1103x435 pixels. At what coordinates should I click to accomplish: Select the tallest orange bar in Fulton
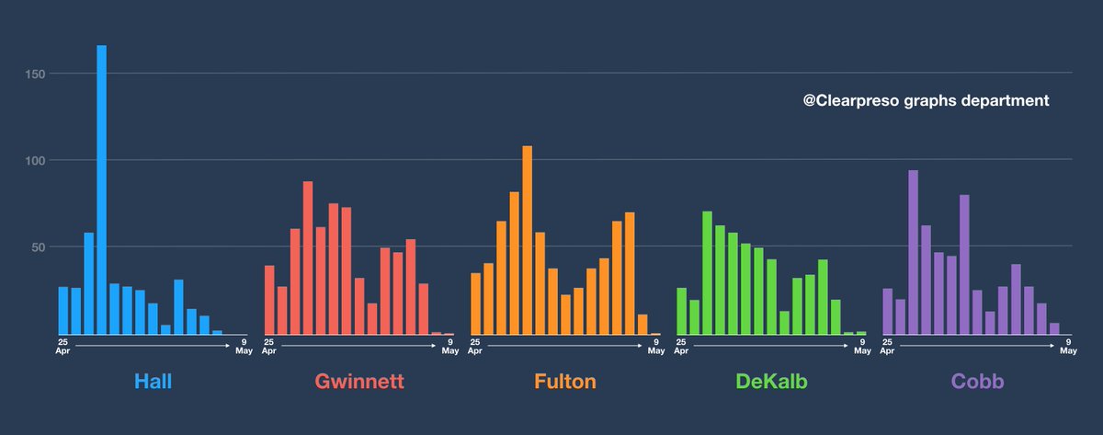528,239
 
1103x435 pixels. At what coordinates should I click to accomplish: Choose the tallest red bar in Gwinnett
308,258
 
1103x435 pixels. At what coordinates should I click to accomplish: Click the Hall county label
153,382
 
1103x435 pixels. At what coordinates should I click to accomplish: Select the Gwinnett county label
359,382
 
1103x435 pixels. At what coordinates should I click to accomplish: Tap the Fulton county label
565,382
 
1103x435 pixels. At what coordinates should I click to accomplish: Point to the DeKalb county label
771,382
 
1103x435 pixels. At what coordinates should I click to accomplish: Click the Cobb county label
977,382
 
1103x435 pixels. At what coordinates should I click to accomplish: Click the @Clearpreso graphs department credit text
926,101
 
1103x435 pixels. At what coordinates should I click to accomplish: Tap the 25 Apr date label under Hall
63,346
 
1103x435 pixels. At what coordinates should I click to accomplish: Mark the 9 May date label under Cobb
1067,346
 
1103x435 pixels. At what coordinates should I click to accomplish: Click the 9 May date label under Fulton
655,346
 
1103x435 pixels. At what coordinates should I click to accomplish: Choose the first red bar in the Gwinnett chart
269,300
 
